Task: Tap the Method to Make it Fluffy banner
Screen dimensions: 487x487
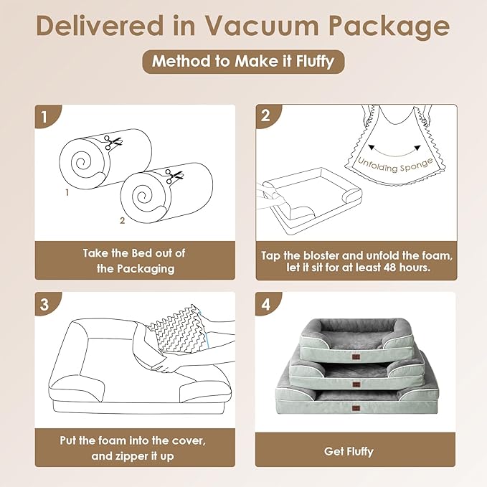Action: pos(242,61)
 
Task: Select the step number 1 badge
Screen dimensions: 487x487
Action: pos(47,116)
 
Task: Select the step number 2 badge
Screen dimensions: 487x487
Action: pos(266,116)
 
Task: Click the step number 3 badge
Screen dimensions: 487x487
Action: pos(47,303)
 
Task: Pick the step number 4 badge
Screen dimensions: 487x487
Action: pos(266,303)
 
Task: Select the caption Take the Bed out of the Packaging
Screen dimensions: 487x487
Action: pos(134,261)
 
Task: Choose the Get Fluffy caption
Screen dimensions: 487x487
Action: pos(356,452)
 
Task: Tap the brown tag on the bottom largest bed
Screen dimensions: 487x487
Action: pos(355,407)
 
